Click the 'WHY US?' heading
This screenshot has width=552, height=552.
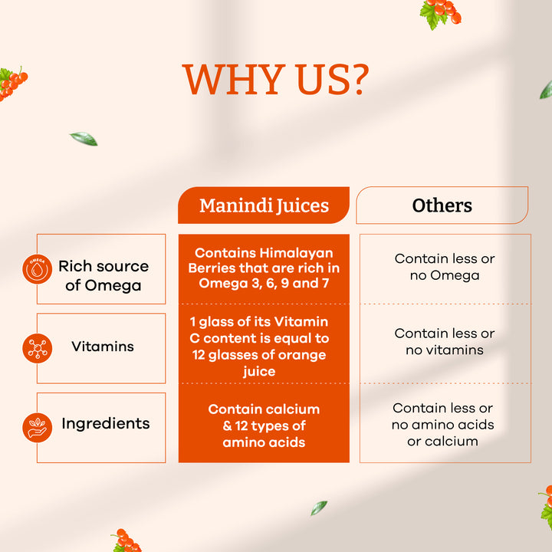tap(276, 80)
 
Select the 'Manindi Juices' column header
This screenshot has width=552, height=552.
tap(264, 205)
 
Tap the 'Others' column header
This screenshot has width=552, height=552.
tap(442, 205)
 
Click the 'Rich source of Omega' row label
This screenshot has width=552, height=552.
tap(103, 275)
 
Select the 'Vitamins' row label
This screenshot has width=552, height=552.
tap(103, 347)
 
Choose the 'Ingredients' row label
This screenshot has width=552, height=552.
tap(106, 423)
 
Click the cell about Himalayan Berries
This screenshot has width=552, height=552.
tap(264, 268)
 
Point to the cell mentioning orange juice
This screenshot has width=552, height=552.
tap(264, 347)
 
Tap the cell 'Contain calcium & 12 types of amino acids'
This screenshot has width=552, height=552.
tap(264, 426)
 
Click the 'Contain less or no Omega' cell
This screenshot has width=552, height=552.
tap(445, 267)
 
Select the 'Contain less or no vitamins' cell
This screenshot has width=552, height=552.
tap(445, 342)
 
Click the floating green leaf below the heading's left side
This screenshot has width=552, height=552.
tap(84, 139)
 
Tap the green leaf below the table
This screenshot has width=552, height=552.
tap(318, 508)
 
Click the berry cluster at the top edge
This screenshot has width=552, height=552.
tap(440, 12)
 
